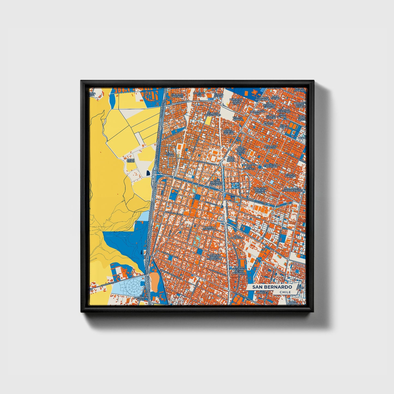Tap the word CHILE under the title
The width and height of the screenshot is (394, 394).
[x=285, y=292]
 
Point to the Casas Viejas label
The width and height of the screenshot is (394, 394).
[x=131, y=160]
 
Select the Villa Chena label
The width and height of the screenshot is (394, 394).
[x=170, y=154]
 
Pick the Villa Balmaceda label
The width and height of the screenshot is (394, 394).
[x=237, y=237]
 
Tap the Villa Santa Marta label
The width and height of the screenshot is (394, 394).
[x=231, y=159]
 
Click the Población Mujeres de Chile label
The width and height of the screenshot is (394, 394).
[x=260, y=190]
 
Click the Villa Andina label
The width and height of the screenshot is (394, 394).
[x=283, y=126]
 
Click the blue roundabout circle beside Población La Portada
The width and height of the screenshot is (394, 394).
[x=260, y=167]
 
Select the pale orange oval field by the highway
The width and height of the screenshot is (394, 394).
[x=154, y=281]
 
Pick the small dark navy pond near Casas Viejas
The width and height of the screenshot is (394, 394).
[x=148, y=173]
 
